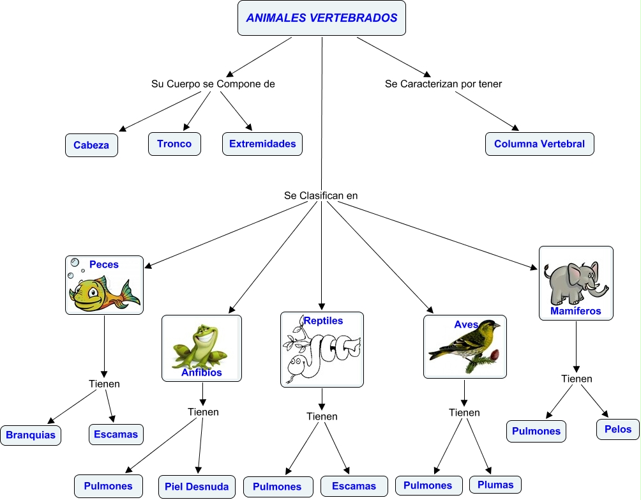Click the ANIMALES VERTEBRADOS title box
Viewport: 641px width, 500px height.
coord(321,19)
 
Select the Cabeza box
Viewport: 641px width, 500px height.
coord(91,145)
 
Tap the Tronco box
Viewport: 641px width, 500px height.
coord(174,144)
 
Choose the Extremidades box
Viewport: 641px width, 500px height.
coord(262,144)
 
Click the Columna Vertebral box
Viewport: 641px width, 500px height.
coord(539,144)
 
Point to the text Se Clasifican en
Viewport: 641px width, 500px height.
coord(321,195)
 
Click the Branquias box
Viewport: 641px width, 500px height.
coord(31,436)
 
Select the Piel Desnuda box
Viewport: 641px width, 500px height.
coord(197,487)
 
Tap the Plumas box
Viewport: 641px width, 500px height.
coord(495,485)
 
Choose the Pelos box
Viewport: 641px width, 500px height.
coord(618,429)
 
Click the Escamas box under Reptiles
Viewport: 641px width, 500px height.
coord(354,487)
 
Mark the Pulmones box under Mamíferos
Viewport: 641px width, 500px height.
coord(536,431)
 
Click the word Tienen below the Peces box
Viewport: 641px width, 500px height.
coord(104,384)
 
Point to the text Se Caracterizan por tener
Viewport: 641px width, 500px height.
coord(443,84)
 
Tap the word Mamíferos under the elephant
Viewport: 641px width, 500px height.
coord(575,312)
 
